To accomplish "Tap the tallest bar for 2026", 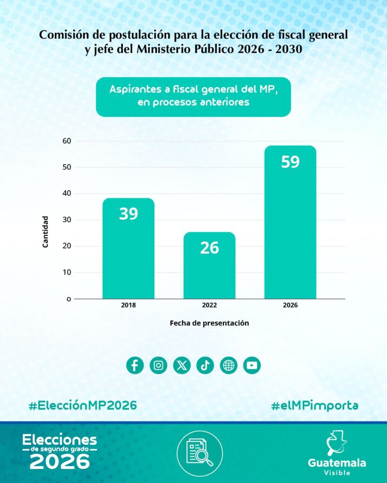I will click(290, 222).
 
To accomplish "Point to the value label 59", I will click(290, 162).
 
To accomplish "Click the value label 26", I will click(209, 248).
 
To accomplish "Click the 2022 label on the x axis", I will click(209, 306).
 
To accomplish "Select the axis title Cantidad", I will click(45, 232).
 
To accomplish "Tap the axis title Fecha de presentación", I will click(209, 324).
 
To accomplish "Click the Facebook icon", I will click(135, 365).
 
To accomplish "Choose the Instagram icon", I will click(158, 365).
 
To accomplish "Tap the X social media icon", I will click(182, 365).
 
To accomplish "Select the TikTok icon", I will click(205, 365).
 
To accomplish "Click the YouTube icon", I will click(252, 365).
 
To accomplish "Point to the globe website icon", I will click(229, 365).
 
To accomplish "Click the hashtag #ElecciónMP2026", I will click(83, 405).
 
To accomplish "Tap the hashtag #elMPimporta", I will click(314, 405).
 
